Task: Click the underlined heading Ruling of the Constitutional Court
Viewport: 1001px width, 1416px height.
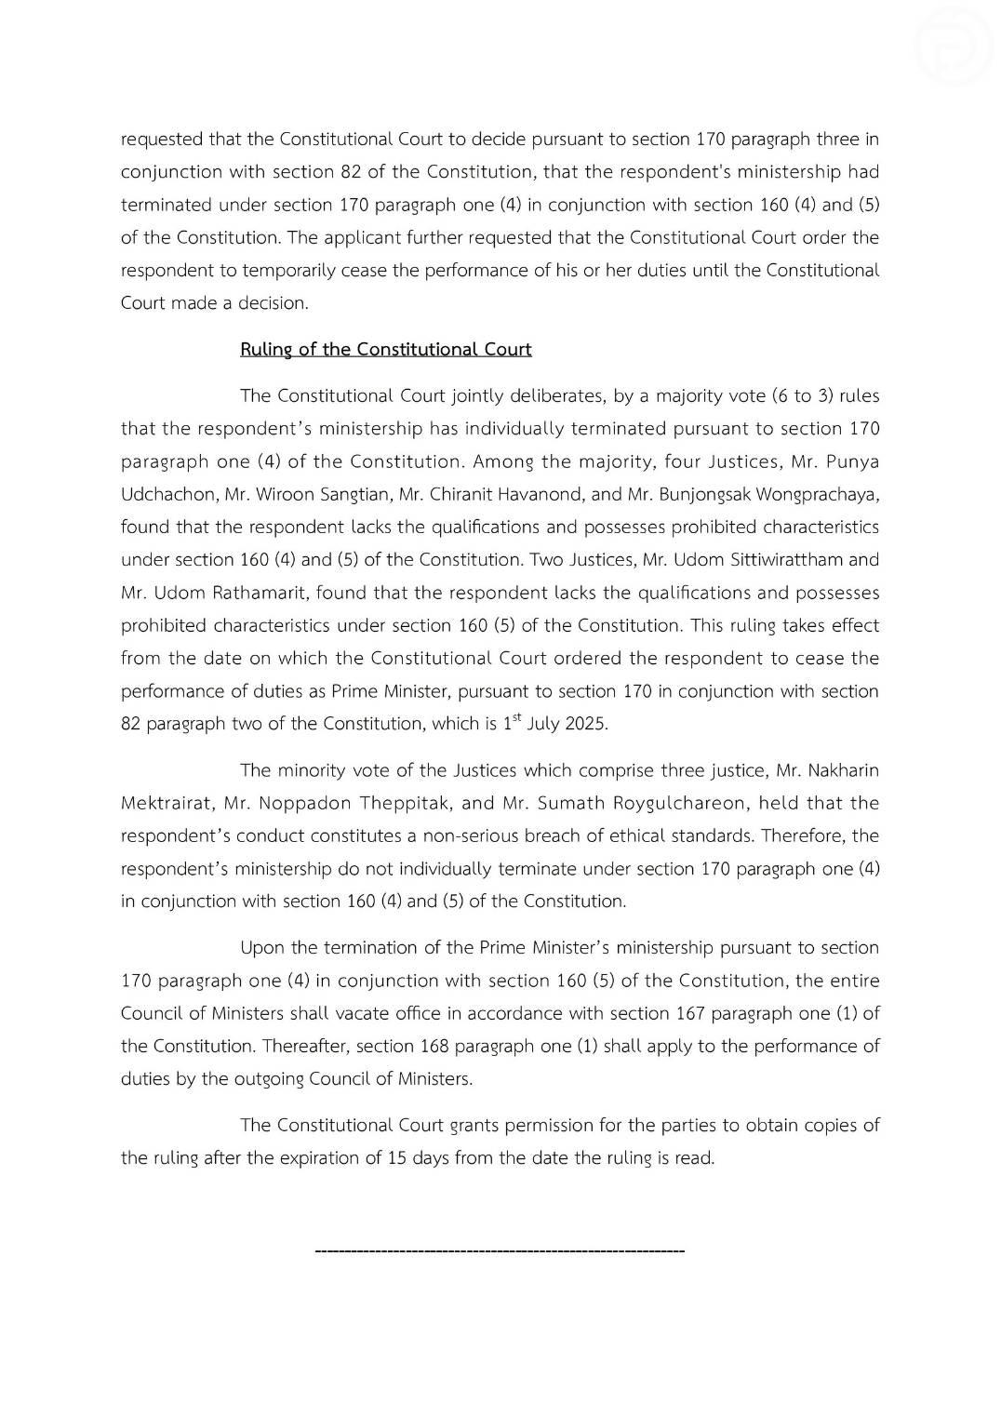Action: pos(385,350)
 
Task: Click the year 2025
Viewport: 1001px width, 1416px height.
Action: pos(585,724)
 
